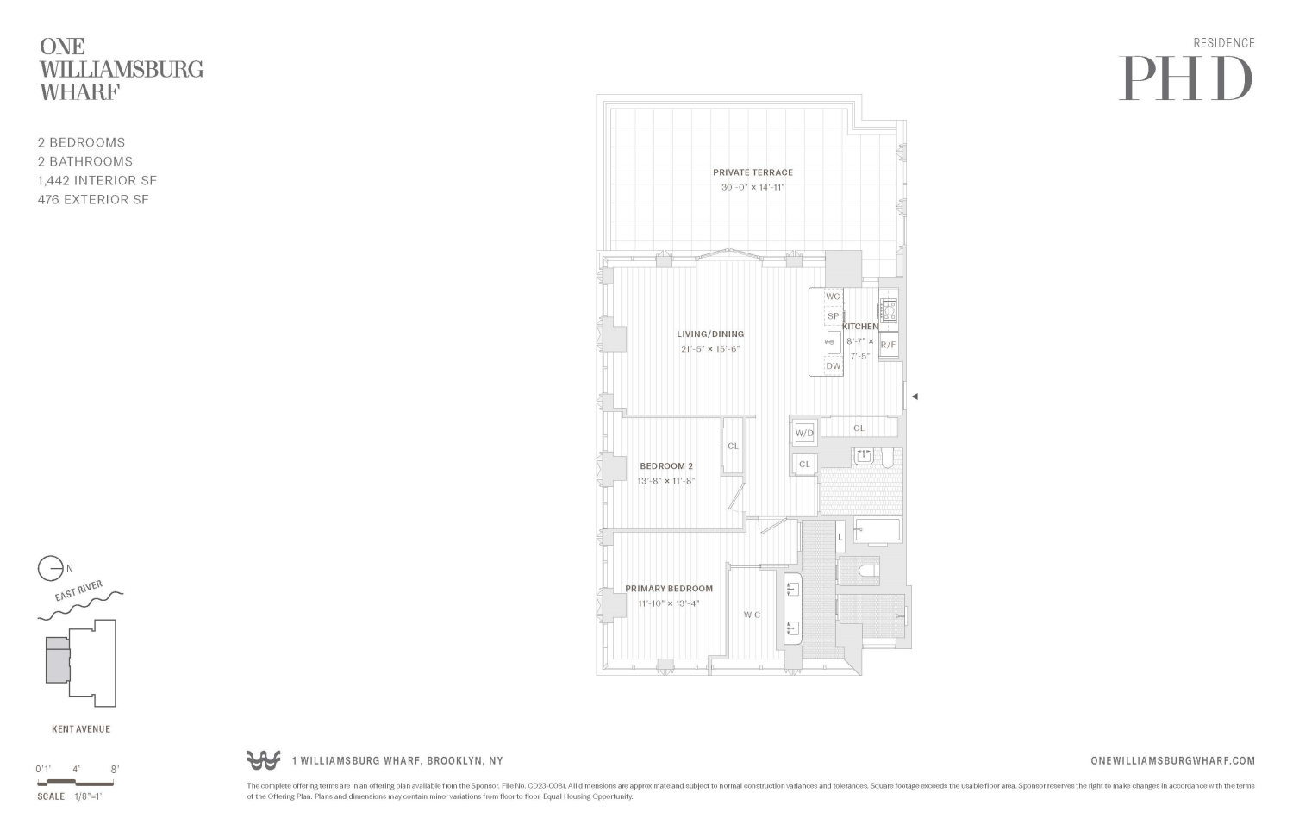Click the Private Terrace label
click(752, 172)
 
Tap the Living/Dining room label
click(709, 334)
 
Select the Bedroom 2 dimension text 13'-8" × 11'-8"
click(665, 481)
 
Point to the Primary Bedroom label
click(669, 589)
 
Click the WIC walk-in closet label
click(752, 615)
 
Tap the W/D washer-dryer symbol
click(804, 433)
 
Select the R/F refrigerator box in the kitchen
click(888, 345)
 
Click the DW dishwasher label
click(833, 366)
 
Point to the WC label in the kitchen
click(833, 297)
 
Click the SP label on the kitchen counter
click(833, 316)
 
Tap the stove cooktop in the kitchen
click(888, 309)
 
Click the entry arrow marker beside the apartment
click(915, 397)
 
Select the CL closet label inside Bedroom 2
click(733, 446)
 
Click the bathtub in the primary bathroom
click(878, 530)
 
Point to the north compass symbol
click(50, 568)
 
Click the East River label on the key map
click(78, 591)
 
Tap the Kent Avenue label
click(81, 729)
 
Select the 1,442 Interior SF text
click(97, 180)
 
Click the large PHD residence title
click(1185, 78)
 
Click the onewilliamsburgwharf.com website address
click(1172, 760)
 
